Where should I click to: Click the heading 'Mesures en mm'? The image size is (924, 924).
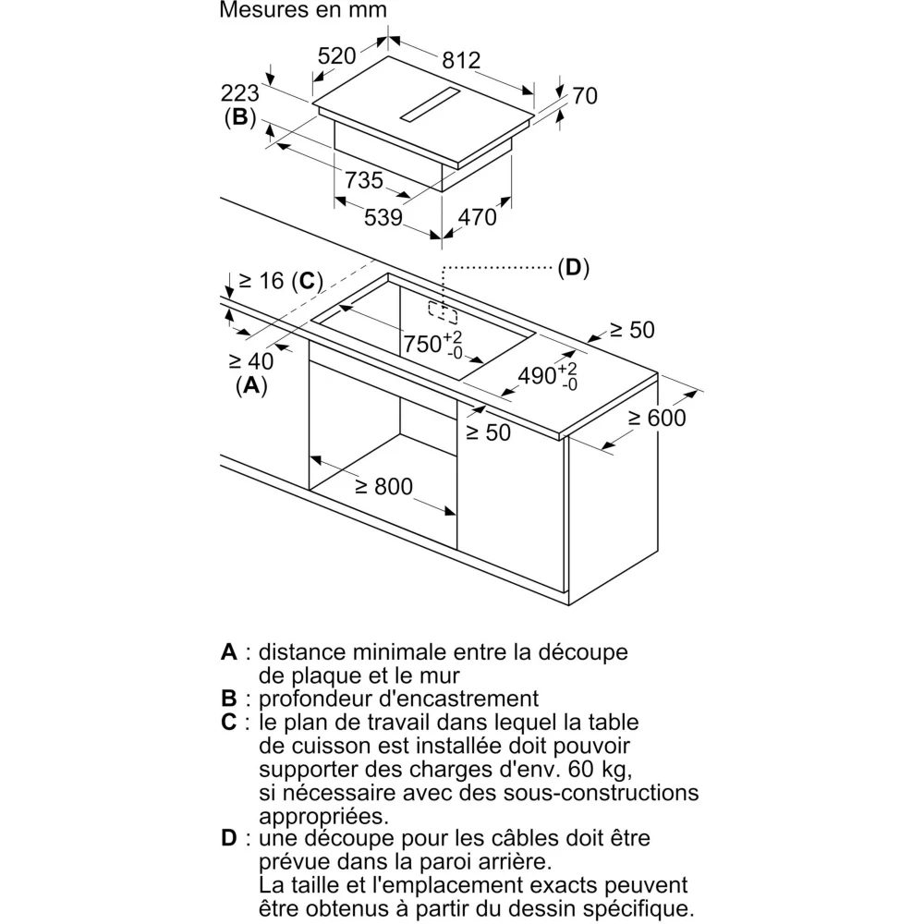[303, 10]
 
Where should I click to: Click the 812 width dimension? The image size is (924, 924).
[461, 60]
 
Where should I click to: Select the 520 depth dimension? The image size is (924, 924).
[336, 56]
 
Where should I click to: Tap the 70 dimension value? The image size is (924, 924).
[585, 95]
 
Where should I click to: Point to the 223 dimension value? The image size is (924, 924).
[239, 93]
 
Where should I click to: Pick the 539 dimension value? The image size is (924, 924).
[383, 217]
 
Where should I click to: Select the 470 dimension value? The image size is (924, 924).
[478, 217]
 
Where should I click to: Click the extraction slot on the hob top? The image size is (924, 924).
[430, 105]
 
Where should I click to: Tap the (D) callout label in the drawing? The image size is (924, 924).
[573, 268]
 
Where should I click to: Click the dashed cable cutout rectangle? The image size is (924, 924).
[443, 310]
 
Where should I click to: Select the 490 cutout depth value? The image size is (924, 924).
[537, 375]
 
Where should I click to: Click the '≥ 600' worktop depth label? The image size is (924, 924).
[657, 418]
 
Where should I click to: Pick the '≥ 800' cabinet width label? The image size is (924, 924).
[382, 485]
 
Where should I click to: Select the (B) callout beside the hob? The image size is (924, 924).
[239, 117]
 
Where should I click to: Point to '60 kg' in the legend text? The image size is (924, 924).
[606, 769]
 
